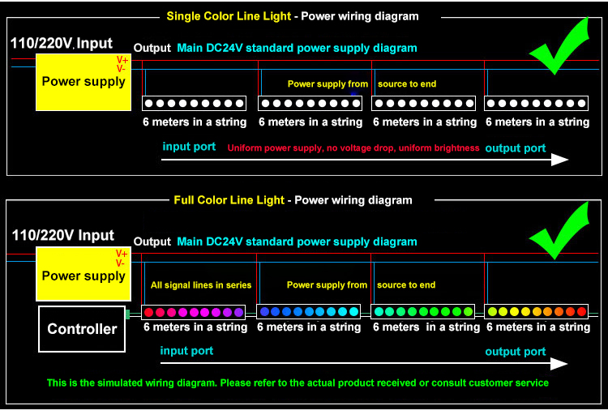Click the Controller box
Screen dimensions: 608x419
(82, 329)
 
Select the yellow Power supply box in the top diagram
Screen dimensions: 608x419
(83, 82)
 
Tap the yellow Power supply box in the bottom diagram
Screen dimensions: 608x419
(83, 274)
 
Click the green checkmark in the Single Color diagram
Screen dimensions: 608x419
(559, 46)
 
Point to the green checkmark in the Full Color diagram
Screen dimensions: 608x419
(559, 231)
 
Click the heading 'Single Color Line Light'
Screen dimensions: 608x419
(229, 16)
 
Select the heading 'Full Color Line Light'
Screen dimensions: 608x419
(229, 200)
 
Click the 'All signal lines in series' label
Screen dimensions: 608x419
(201, 285)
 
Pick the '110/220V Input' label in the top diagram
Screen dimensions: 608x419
(62, 43)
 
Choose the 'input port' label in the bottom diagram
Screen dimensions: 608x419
(186, 351)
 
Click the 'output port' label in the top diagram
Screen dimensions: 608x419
(516, 148)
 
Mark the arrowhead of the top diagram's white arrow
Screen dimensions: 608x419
(560, 160)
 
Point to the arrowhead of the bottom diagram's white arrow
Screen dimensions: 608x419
(559, 364)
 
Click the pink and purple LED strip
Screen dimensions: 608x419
(193, 312)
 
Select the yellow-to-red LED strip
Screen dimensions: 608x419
(537, 312)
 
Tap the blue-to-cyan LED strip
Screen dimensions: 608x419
(309, 312)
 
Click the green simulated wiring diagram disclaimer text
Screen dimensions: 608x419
(298, 383)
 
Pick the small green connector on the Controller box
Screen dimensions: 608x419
(127, 314)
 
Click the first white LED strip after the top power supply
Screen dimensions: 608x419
(194, 104)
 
